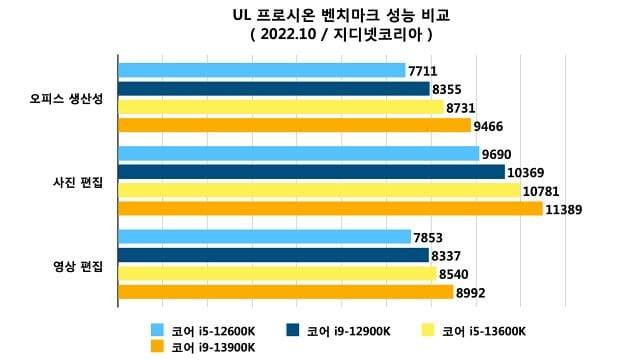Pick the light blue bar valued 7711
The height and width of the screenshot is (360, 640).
coord(262,70)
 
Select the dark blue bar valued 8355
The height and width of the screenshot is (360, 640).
coord(274,88)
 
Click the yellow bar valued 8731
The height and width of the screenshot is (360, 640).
coord(281,107)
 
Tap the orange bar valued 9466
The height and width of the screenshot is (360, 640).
coord(295,125)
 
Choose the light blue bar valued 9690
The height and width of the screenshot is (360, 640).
coord(299,154)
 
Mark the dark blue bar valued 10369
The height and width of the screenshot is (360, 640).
coord(312,172)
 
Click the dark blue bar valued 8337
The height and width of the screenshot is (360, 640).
coord(274,255)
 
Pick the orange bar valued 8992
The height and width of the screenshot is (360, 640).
coord(286,292)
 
